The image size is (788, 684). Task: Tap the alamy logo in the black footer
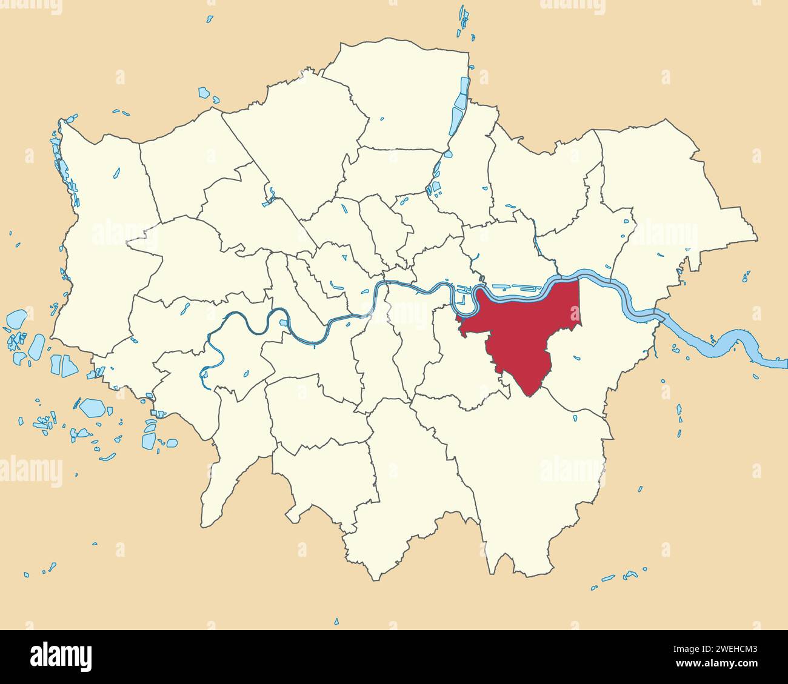[x=61, y=656]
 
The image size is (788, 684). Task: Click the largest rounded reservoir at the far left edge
[x=16, y=319]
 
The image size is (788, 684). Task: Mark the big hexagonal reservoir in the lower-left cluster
[x=93, y=407]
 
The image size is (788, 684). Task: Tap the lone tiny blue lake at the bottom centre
[x=336, y=621]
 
